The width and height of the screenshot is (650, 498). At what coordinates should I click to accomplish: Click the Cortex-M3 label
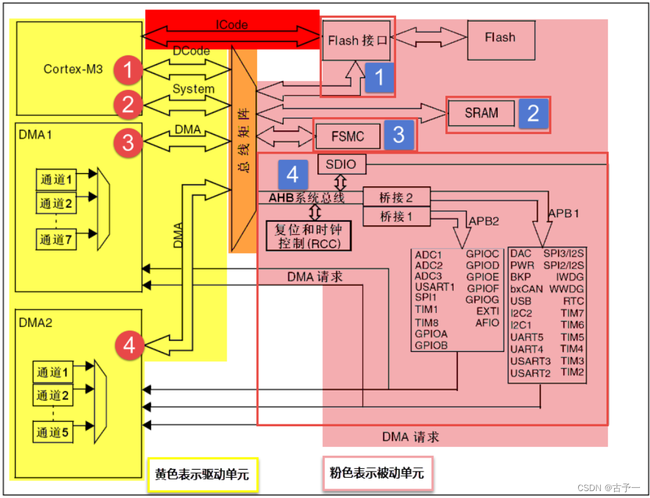tap(73, 69)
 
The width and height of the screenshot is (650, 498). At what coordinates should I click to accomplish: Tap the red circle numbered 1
tap(128, 71)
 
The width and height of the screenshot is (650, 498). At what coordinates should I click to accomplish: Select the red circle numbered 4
tap(128, 346)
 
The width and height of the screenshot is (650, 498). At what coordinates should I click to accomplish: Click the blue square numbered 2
tap(533, 113)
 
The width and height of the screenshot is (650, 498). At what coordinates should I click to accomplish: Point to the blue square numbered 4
tap(292, 174)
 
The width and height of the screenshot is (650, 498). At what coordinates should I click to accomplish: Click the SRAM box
tap(482, 113)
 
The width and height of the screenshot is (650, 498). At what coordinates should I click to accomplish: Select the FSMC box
tap(348, 136)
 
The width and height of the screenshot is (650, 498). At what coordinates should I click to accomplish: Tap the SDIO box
tap(341, 164)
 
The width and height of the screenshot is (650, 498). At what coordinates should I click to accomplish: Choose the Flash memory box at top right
tap(500, 38)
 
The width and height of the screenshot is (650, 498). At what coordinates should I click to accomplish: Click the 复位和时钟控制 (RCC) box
tap(308, 236)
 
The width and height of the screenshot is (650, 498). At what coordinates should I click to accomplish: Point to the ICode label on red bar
tap(232, 25)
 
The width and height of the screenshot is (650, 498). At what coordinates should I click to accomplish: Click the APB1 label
tap(563, 213)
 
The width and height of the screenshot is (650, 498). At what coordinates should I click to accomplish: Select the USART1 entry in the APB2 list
tap(435, 287)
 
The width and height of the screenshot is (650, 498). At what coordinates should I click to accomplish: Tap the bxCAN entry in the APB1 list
tap(527, 289)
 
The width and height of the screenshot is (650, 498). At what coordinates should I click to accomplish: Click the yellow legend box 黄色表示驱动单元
tap(202, 474)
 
